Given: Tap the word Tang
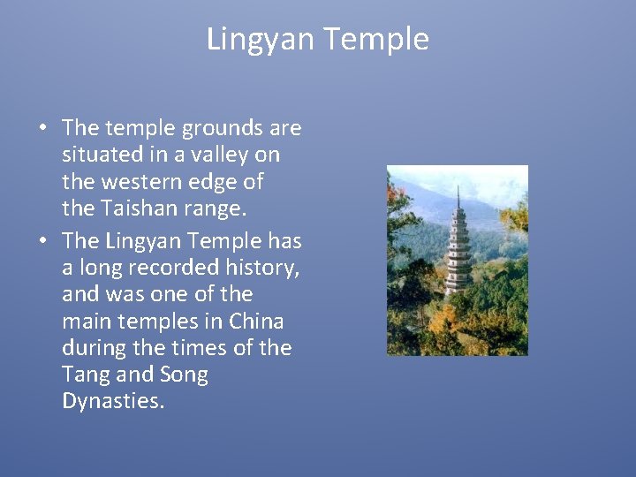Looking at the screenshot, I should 83,375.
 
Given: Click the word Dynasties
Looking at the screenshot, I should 112,402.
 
